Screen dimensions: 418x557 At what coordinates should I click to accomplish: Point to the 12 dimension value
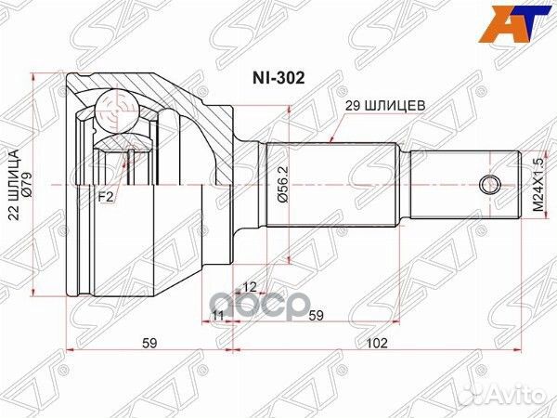[249, 286]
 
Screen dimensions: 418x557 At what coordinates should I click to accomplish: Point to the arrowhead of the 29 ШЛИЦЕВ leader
[333, 141]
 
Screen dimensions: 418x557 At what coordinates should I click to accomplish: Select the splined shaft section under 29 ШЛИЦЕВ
[334, 186]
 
